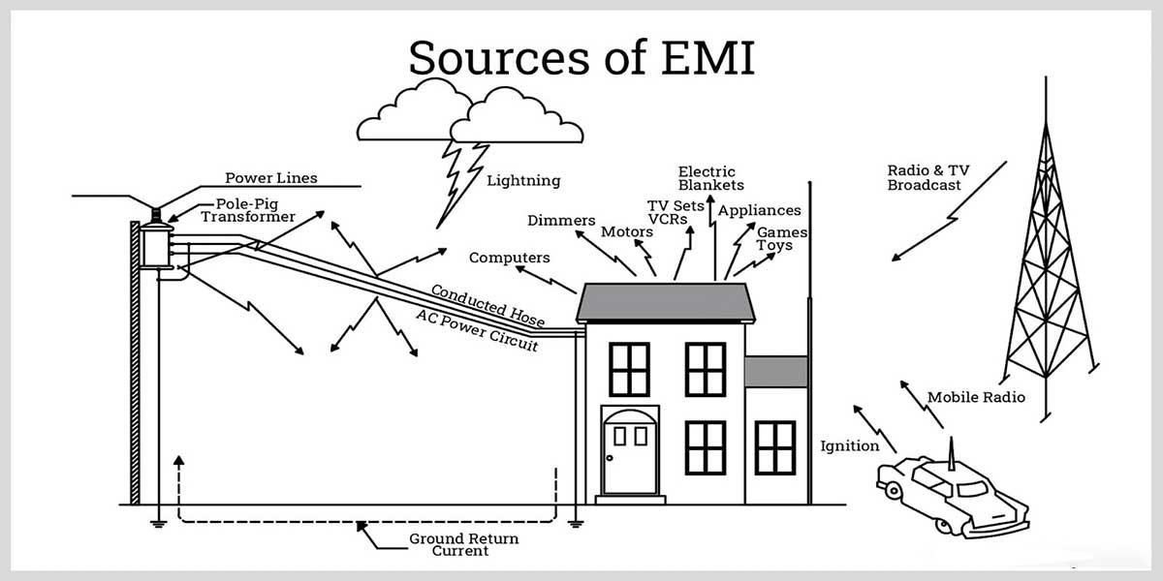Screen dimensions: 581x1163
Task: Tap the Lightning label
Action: (523, 180)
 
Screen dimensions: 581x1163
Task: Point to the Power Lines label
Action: (271, 178)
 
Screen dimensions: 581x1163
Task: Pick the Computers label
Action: (509, 258)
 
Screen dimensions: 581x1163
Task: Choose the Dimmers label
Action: (561, 221)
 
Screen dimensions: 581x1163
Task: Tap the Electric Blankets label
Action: (710, 178)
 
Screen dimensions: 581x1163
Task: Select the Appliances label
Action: (759, 210)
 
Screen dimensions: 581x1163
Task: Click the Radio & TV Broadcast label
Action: (927, 177)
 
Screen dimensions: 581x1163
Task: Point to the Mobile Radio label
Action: (976, 397)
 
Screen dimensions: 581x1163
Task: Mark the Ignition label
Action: (850, 446)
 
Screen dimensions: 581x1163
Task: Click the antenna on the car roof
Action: (952, 451)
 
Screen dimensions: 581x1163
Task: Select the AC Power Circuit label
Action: (476, 330)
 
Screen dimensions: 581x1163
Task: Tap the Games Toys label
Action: (781, 239)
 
